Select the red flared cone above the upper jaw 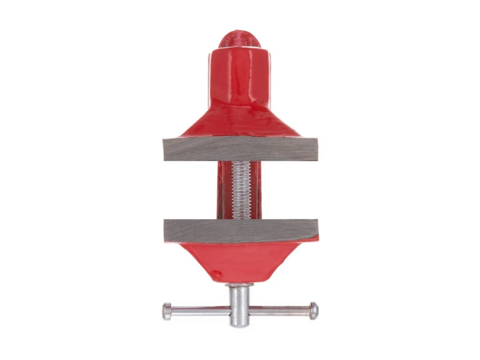point(240,122)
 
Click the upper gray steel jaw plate point(240,149)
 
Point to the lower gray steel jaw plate point(240,231)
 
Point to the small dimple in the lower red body point(216,274)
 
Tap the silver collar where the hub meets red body point(239,285)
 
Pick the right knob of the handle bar point(314,310)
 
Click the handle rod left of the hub point(200,311)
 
